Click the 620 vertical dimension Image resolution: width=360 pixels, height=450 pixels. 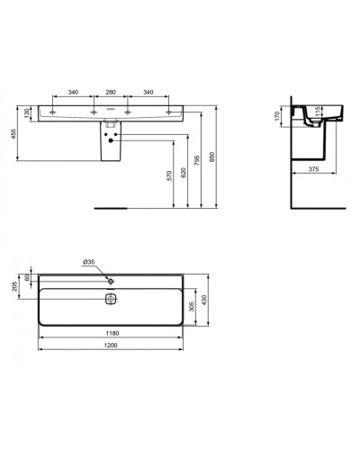(x=185, y=175)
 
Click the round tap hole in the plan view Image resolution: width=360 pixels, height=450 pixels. (x=112, y=281)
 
